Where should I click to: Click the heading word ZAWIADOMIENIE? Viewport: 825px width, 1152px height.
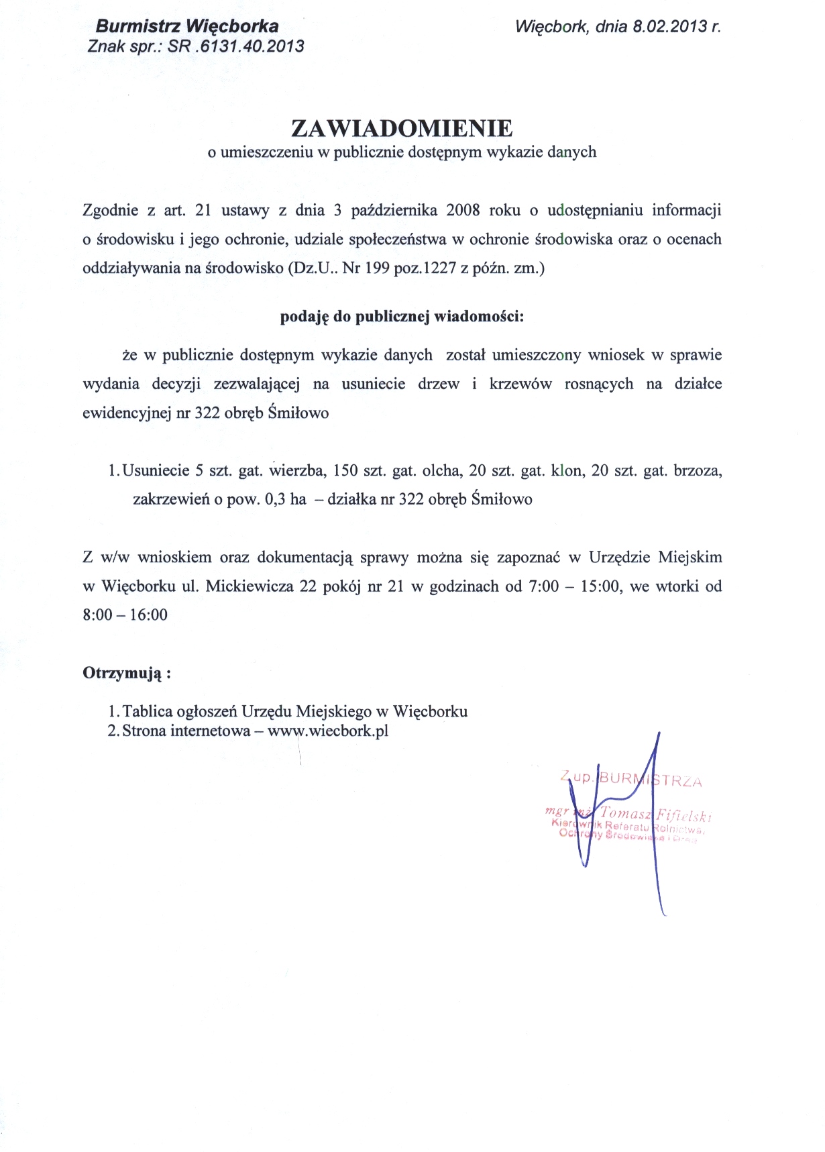(x=401, y=128)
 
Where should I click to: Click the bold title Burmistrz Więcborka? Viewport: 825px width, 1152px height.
(x=187, y=27)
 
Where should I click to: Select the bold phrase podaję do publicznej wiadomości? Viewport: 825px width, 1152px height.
(x=401, y=317)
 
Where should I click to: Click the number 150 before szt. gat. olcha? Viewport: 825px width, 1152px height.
(x=345, y=470)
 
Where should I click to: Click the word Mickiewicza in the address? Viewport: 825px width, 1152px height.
(x=250, y=586)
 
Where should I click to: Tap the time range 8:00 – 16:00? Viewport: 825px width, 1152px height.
(x=125, y=615)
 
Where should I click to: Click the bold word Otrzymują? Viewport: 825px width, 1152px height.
(x=123, y=673)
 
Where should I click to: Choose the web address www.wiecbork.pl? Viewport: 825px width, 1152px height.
(x=328, y=731)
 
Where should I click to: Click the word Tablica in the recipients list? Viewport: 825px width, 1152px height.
(x=146, y=711)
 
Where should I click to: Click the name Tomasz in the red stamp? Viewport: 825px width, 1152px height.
(x=626, y=814)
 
